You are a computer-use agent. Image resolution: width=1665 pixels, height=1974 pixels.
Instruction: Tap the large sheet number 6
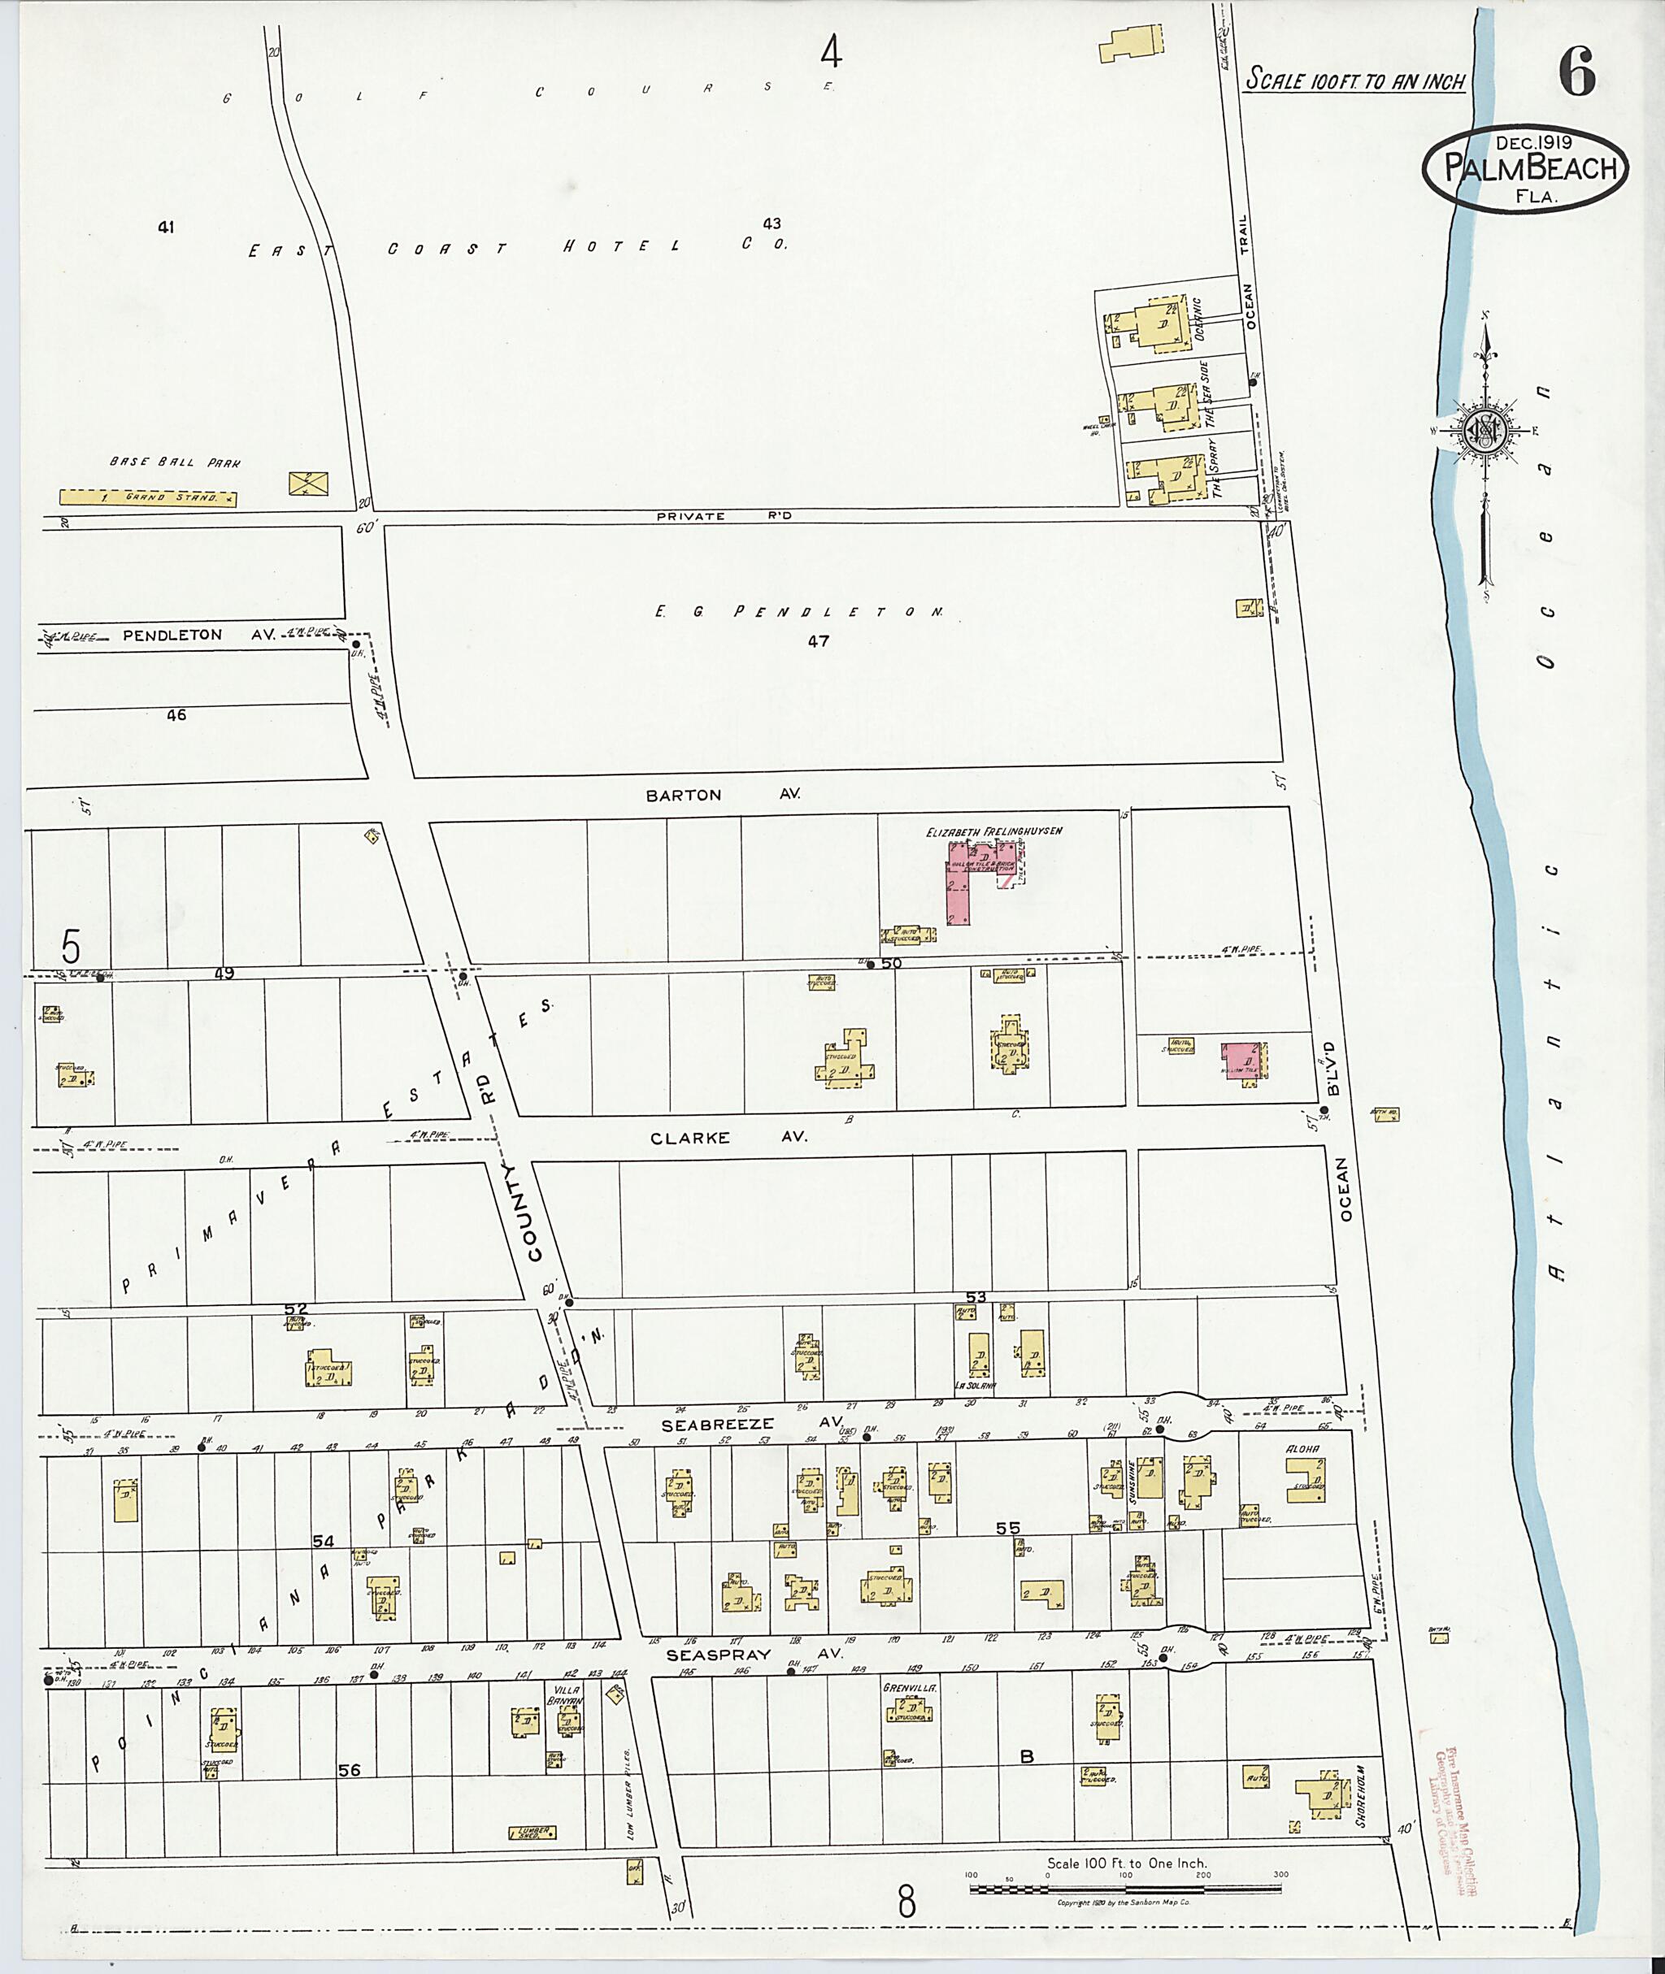(x=1577, y=71)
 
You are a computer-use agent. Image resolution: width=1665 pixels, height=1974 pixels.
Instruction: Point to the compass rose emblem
(x=1485, y=432)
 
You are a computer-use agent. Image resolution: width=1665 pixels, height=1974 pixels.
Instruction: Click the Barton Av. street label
(x=723, y=795)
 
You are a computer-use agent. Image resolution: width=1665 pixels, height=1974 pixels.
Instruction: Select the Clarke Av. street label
(x=728, y=1137)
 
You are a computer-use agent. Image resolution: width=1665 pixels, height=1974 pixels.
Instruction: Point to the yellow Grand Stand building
(x=148, y=497)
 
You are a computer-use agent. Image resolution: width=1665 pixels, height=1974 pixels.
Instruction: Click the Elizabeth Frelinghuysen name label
(x=995, y=831)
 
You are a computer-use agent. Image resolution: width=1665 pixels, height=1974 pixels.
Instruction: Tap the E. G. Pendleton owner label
(x=798, y=611)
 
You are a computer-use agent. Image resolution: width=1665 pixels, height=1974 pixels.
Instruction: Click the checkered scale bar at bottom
(x=1125, y=1888)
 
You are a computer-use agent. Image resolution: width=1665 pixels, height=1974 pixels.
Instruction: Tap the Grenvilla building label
(x=908, y=1686)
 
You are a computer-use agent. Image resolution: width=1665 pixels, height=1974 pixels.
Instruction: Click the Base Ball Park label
(x=176, y=462)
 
